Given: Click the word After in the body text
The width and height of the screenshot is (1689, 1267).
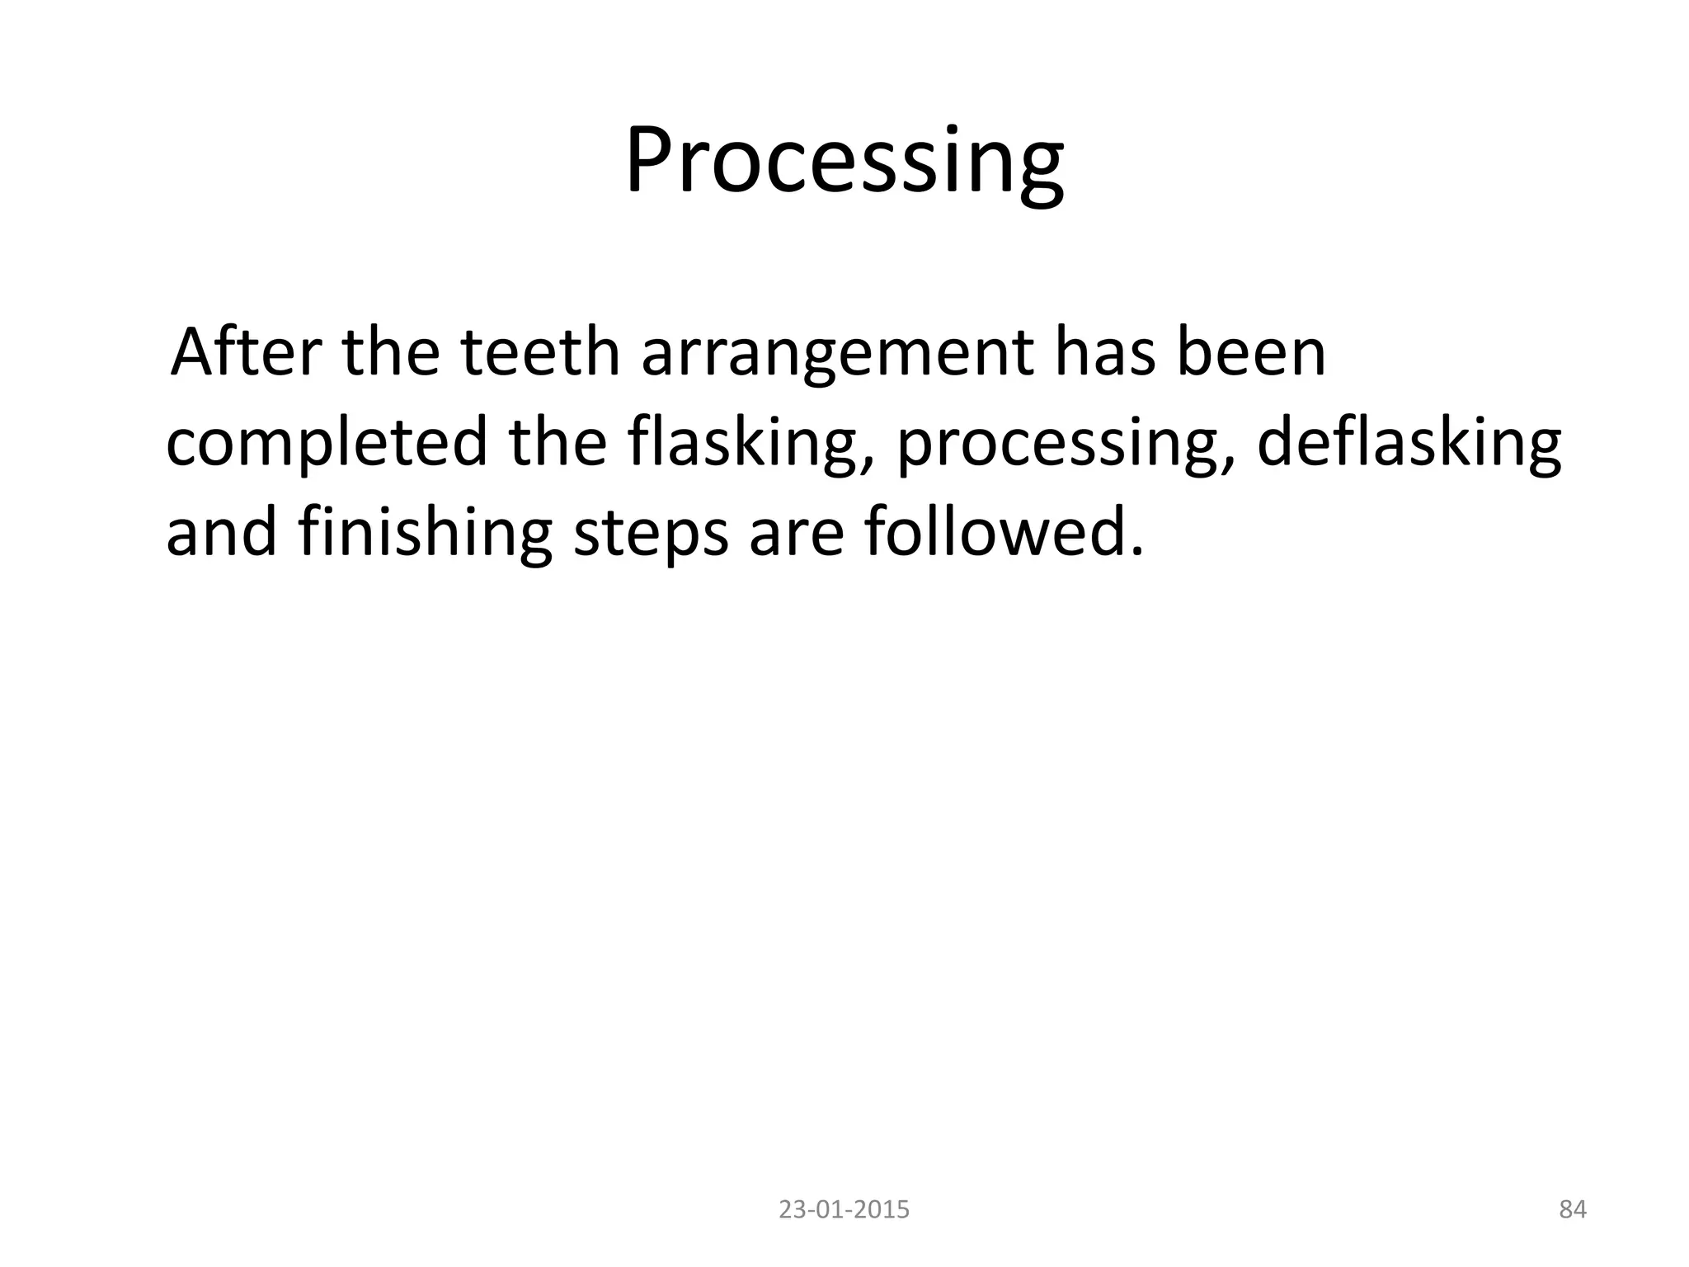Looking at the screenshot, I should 245,352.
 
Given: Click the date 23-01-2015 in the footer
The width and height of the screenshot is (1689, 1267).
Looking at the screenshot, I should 844,1210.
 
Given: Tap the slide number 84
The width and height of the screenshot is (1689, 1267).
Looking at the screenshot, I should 1572,1210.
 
